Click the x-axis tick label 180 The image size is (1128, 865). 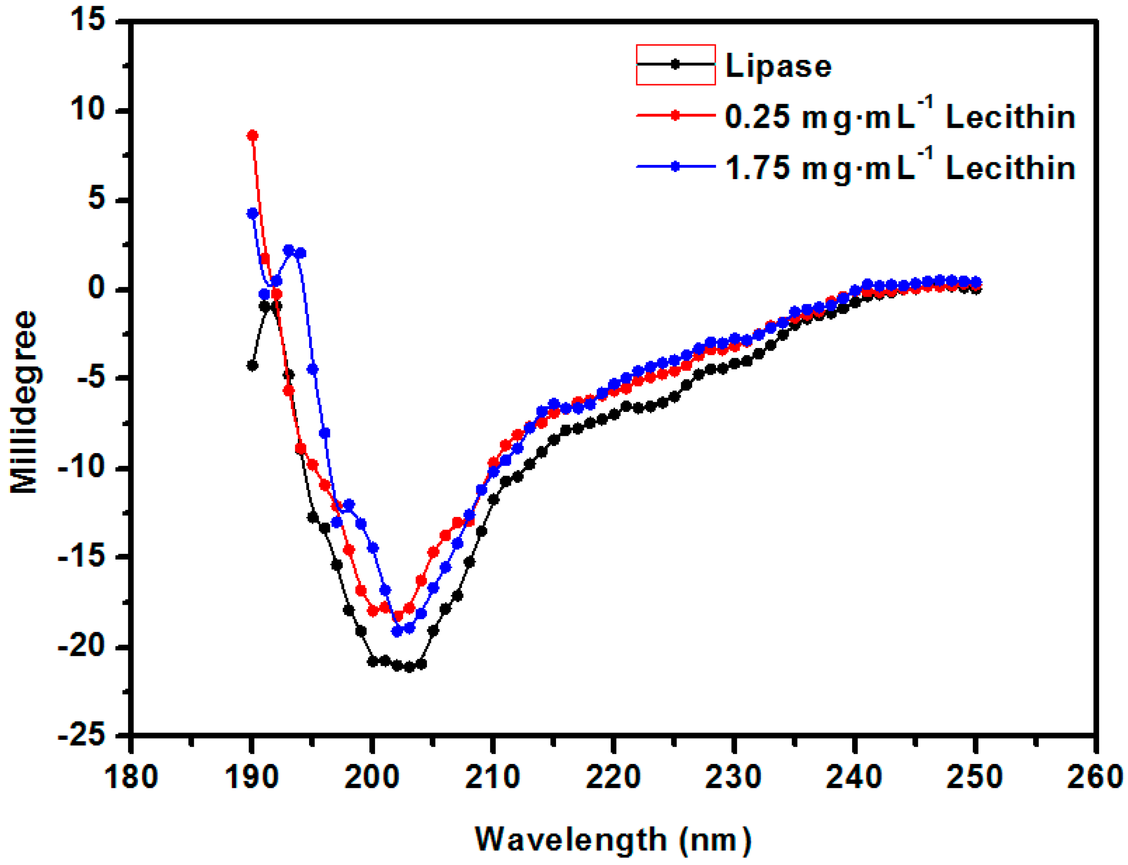tap(131, 776)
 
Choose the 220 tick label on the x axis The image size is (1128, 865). tap(613, 776)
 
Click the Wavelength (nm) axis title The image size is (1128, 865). tap(613, 839)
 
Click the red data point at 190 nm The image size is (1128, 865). tap(252, 135)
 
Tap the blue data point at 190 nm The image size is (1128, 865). tap(252, 213)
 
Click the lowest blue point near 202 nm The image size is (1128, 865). tap(397, 631)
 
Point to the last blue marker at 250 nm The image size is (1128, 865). tap(975, 282)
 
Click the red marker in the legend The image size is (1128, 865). tap(675, 115)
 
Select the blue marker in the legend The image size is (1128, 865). tap(675, 166)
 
